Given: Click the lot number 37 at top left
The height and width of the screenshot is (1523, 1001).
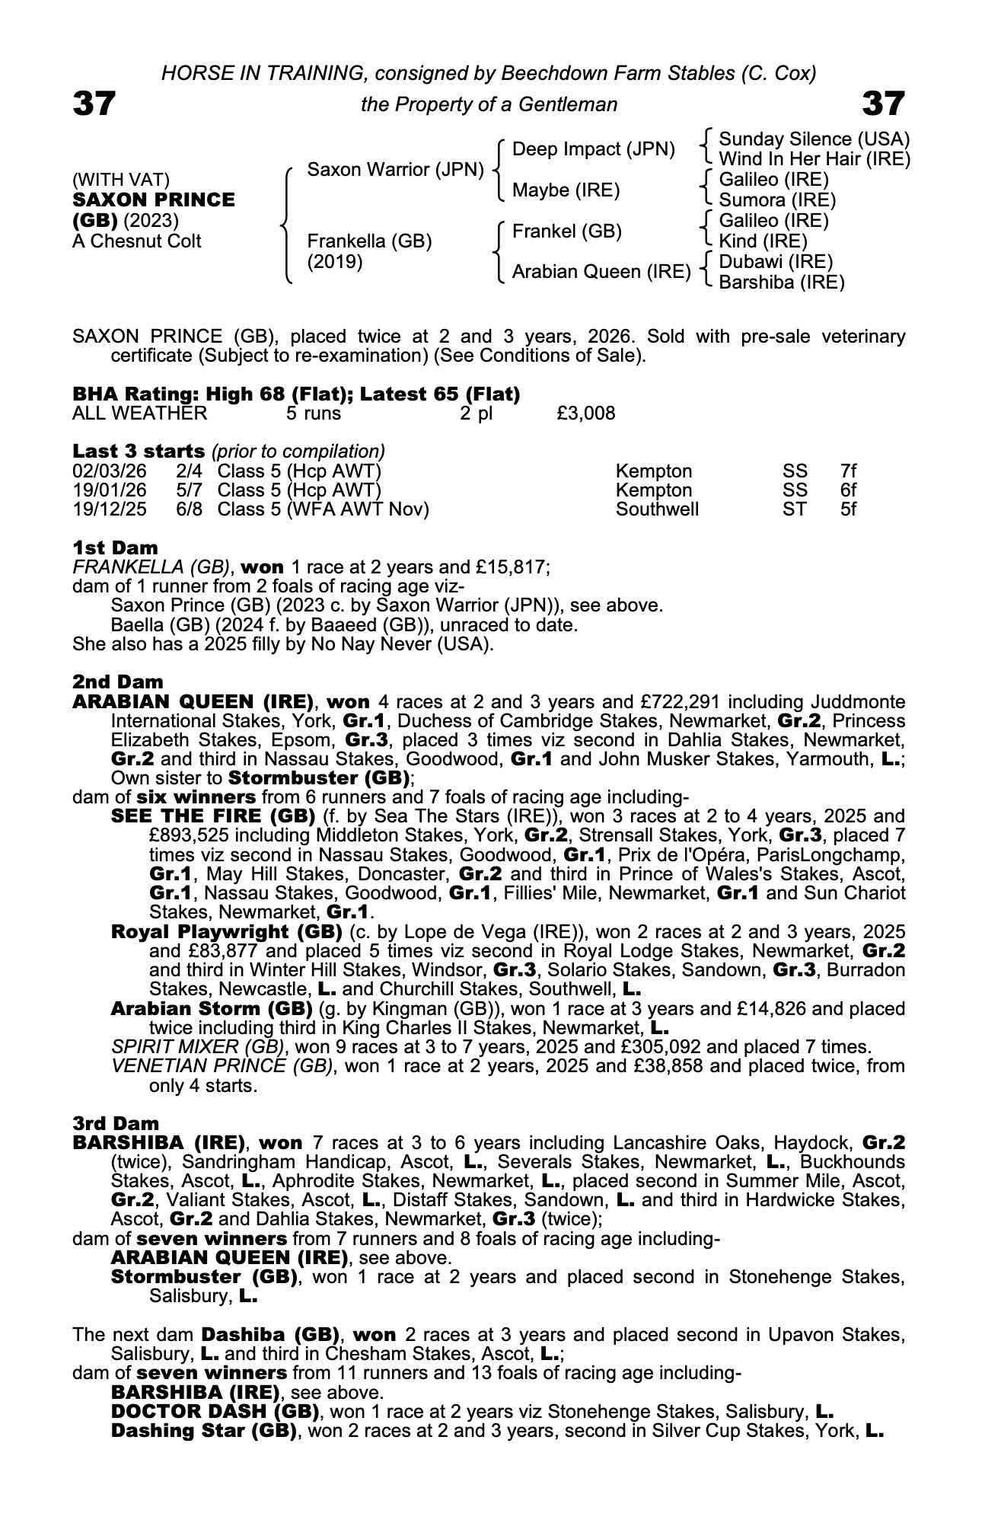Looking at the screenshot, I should (94, 104).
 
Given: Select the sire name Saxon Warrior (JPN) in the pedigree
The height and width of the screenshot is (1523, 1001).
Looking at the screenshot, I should (395, 170).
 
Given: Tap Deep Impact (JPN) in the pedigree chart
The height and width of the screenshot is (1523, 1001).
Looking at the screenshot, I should (593, 149).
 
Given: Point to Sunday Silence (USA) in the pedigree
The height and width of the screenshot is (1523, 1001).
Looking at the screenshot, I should (814, 139).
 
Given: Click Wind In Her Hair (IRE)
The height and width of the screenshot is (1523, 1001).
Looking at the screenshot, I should (814, 159).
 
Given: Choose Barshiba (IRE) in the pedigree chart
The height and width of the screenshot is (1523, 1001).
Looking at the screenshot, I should (781, 283).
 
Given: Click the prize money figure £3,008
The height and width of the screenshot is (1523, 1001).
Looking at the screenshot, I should (585, 413).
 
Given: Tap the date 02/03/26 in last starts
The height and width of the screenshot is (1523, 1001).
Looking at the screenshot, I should (110, 471).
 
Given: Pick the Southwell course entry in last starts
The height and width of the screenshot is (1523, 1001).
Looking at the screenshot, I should (657, 509).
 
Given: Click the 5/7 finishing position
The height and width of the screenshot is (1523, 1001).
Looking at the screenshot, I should (189, 490).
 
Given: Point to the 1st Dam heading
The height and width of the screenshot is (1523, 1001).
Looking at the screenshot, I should (115, 548).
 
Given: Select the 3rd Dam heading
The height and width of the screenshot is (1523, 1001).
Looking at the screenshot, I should (116, 1123).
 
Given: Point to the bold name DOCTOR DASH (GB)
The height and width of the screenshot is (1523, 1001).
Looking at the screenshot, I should (215, 1411).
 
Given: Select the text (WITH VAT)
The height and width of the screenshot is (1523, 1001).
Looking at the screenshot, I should (120, 180).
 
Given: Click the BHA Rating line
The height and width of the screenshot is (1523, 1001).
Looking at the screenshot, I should (296, 394).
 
